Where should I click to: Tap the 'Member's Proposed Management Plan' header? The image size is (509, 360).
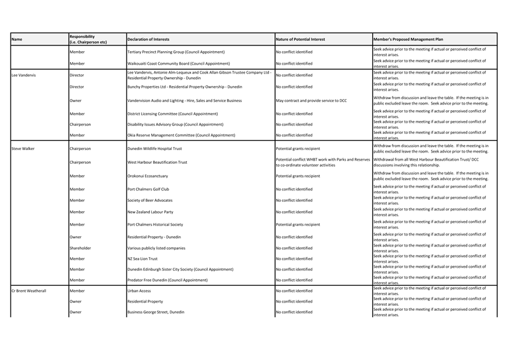[408, 39]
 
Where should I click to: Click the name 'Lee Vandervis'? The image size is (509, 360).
[24, 75]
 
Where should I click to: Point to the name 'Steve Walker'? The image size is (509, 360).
[23, 149]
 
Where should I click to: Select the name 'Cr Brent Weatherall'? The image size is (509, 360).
[29, 291]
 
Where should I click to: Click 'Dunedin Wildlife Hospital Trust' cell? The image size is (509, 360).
[154, 149]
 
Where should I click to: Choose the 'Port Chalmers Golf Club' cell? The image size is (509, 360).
[148, 189]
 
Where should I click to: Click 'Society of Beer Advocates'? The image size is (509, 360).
[150, 201]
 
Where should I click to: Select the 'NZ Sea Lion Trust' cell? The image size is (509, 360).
[142, 258]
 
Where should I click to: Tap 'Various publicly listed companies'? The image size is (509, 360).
[156, 248]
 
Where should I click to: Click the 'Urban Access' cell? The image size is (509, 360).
[139, 291]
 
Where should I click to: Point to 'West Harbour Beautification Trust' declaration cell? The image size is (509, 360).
[157, 163]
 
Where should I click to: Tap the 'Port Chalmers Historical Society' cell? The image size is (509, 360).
[155, 224]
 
